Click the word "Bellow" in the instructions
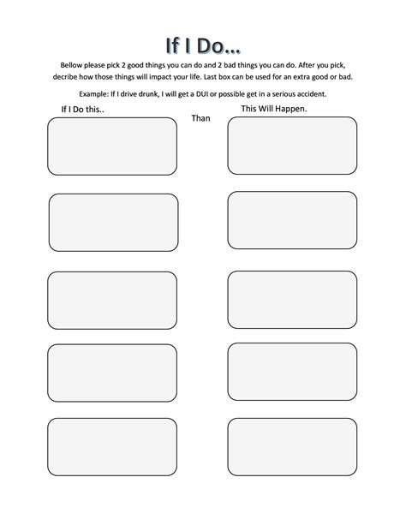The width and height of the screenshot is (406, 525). [74, 65]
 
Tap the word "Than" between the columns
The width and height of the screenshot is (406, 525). [200, 118]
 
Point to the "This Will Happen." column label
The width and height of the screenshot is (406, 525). [274, 109]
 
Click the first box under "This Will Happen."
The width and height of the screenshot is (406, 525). [292, 145]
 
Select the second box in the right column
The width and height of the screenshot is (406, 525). [292, 220]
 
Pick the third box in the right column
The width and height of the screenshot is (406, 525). [292, 299]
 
